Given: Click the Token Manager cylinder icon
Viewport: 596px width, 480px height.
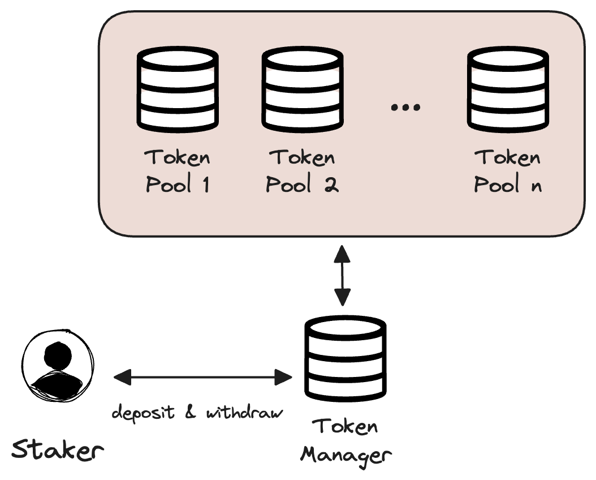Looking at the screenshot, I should click(345, 358).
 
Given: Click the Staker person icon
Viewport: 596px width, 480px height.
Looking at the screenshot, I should click(58, 365).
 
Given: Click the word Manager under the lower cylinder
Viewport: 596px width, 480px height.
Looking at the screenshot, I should click(345, 455).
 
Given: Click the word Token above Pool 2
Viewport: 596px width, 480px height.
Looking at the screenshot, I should click(302, 157).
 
